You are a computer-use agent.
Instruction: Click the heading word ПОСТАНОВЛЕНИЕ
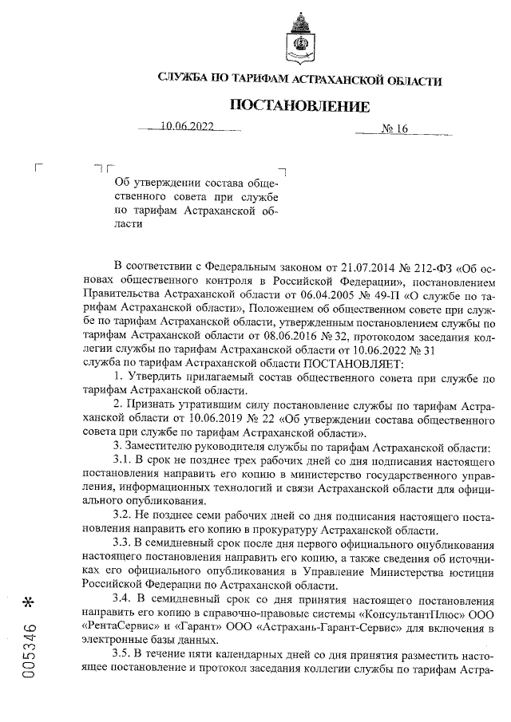pos(300,106)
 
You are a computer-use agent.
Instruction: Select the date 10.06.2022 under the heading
pos(188,128)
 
